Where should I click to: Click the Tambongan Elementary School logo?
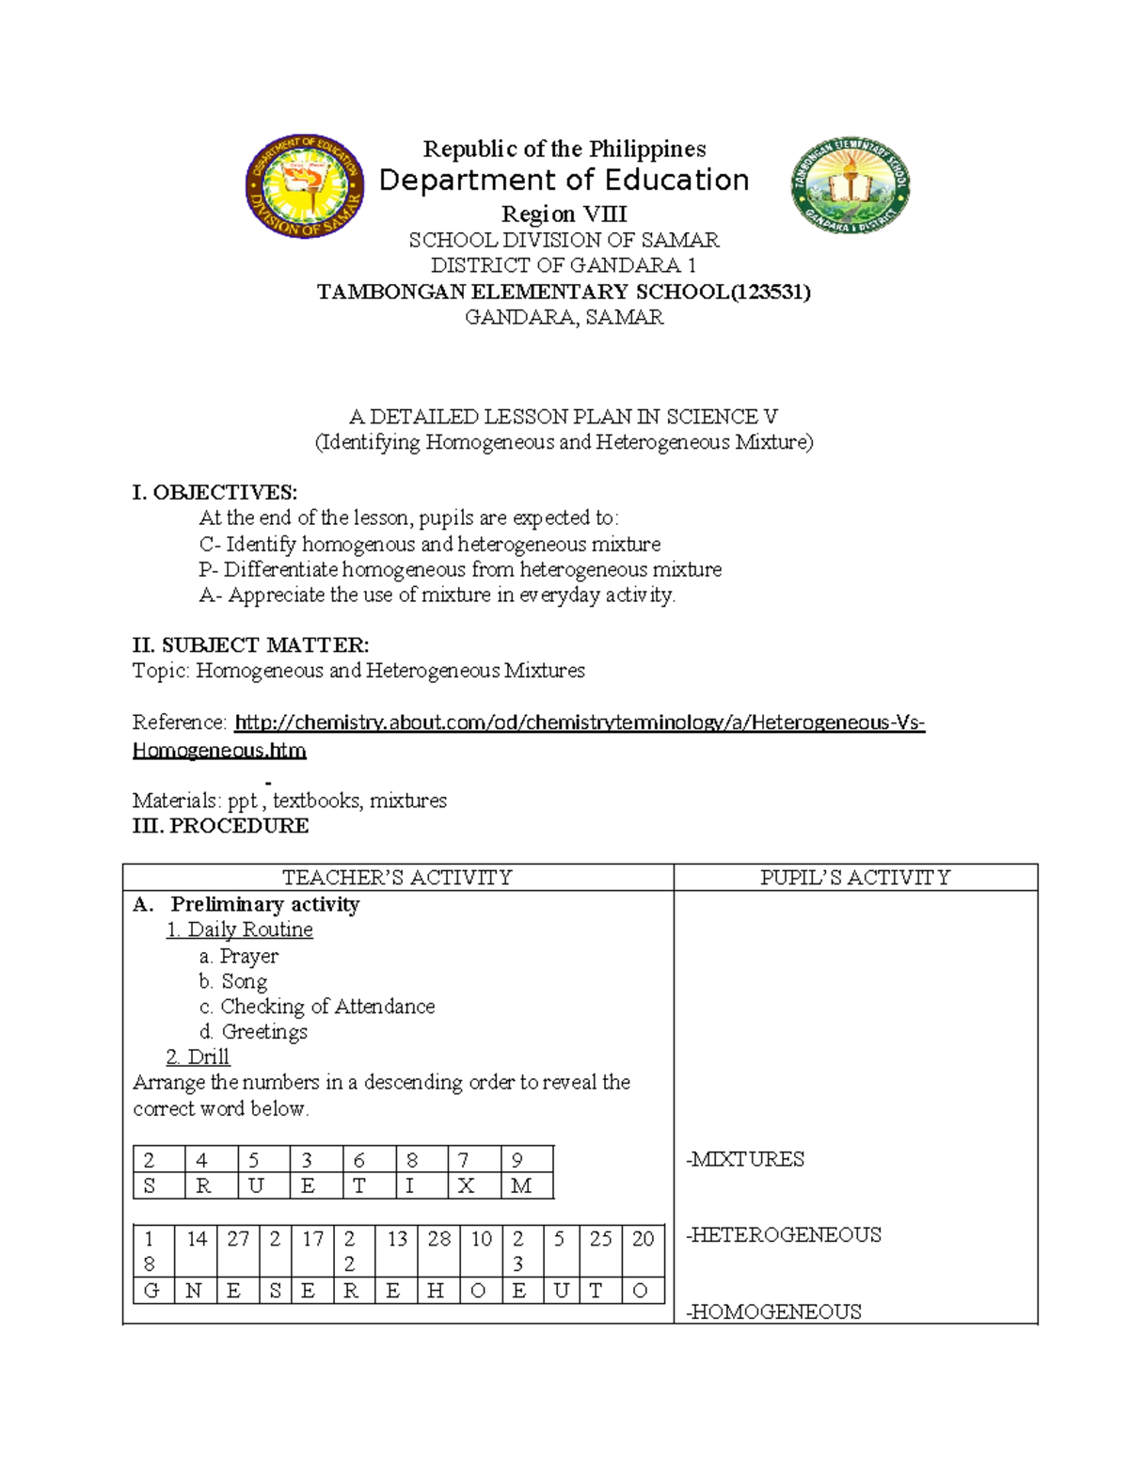[851, 186]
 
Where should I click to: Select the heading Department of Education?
[564, 180]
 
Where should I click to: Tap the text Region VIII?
[564, 214]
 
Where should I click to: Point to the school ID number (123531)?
[771, 292]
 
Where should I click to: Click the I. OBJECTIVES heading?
[215, 493]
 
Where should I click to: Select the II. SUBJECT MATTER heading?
[250, 645]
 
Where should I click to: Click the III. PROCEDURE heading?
[220, 826]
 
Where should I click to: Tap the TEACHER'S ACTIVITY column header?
[398, 878]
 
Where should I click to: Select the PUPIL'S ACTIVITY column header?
[855, 878]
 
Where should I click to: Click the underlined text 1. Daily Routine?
[239, 929]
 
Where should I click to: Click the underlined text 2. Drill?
[198, 1056]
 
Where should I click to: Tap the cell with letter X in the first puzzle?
[466, 1186]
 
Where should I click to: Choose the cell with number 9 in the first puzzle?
[517, 1160]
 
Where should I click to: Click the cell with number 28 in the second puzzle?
[439, 1239]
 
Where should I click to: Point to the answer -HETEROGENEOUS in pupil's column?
[784, 1234]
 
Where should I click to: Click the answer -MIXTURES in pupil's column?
[745, 1159]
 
